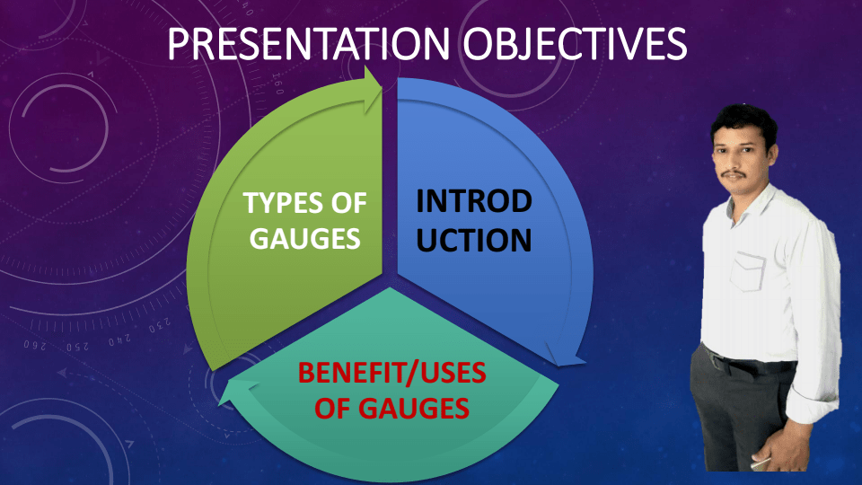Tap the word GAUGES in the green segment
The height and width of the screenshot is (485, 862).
tap(304, 240)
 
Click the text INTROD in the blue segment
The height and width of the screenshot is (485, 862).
tap(474, 202)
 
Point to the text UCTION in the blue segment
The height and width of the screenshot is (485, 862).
tap(474, 241)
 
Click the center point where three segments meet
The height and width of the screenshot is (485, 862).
tap(389, 286)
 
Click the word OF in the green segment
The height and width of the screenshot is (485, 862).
tap(350, 204)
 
